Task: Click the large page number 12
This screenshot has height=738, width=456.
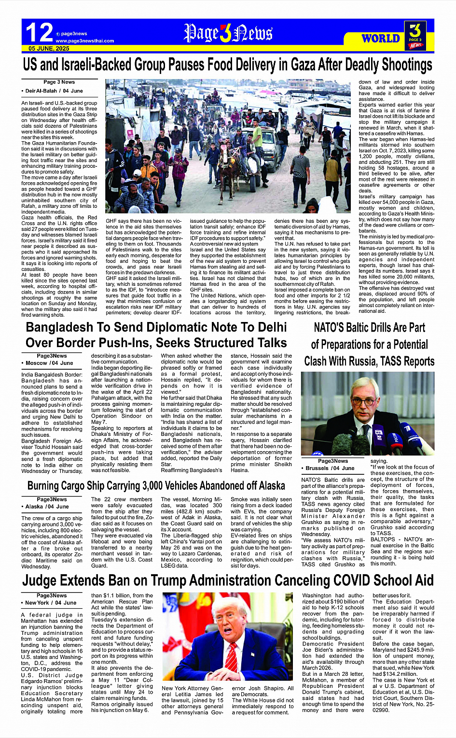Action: click(39, 33)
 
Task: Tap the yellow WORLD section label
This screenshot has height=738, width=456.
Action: click(381, 39)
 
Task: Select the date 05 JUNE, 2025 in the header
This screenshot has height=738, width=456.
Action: click(49, 49)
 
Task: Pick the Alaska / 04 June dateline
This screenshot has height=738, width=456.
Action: click(47, 507)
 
